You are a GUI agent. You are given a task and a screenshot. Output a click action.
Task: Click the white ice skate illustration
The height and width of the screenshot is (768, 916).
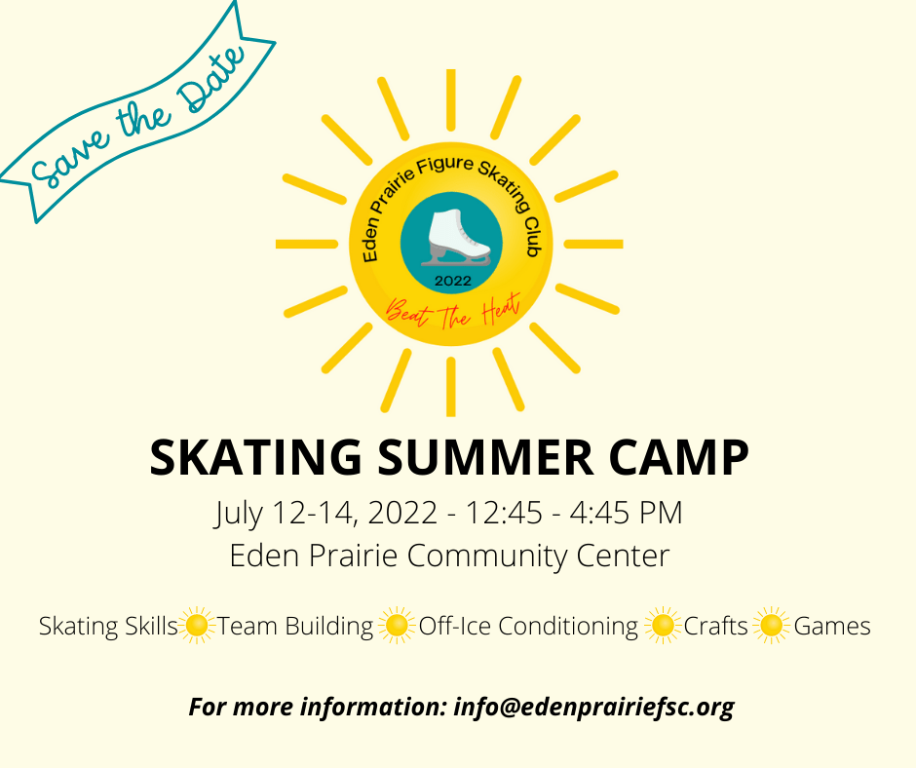pyautogui.click(x=459, y=238)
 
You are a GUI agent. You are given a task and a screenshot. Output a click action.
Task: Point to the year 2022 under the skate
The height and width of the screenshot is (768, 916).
pyautogui.click(x=453, y=281)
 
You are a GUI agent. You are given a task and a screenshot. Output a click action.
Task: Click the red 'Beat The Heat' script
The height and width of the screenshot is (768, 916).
pyautogui.click(x=453, y=310)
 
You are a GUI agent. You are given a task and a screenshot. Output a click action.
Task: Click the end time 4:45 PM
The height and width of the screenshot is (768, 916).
pyautogui.click(x=626, y=514)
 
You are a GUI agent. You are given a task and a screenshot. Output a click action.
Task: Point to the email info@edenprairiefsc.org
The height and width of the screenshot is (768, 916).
pyautogui.click(x=593, y=707)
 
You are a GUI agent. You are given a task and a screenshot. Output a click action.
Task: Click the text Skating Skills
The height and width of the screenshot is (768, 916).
pyautogui.click(x=108, y=626)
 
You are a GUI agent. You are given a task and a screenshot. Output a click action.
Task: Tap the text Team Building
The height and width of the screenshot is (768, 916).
pyautogui.click(x=295, y=626)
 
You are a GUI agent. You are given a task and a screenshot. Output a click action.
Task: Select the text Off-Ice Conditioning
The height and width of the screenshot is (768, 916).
pyautogui.click(x=528, y=626)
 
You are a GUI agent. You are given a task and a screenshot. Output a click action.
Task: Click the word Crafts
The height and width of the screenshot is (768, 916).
pyautogui.click(x=715, y=626)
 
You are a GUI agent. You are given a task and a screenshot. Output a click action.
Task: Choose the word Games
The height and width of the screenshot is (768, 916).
pyautogui.click(x=832, y=626)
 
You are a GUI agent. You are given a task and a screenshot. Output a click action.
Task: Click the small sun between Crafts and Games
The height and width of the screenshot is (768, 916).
pyautogui.click(x=771, y=626)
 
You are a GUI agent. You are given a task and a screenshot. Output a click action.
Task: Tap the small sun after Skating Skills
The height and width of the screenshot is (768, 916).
pyautogui.click(x=197, y=626)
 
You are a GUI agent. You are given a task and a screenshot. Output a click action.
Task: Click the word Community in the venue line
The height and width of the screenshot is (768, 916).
pyautogui.click(x=486, y=556)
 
